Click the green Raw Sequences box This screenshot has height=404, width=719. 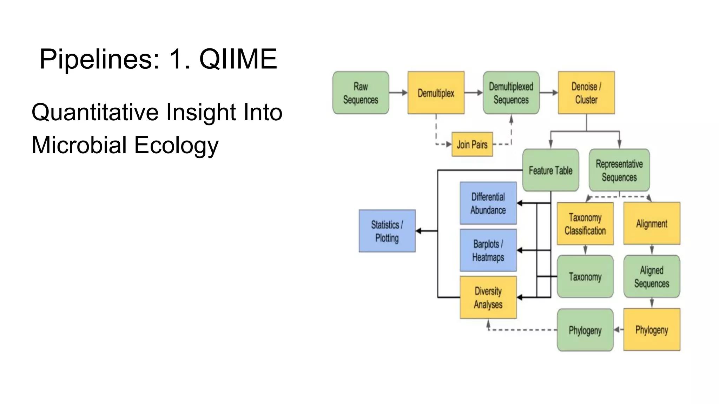tap(361, 93)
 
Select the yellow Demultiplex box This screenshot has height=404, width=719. tap(436, 93)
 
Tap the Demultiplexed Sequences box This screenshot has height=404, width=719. tap(511, 93)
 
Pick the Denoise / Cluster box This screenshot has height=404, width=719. tap(586, 93)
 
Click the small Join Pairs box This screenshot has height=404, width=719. tap(472, 144)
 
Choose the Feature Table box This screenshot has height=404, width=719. tap(550, 170)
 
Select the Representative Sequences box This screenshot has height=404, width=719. tap(619, 170)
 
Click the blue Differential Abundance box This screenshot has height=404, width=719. tap(488, 203)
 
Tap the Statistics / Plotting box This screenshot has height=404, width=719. tap(387, 231)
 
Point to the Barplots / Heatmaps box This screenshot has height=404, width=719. tap(488, 250)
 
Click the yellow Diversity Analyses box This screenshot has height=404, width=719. tap(488, 297)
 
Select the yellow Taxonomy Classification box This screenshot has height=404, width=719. tap(585, 224)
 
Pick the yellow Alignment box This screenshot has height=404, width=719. tap(652, 223)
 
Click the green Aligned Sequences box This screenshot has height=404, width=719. tap(652, 277)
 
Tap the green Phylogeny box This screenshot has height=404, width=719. tap(585, 330)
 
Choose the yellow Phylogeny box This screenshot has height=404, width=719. tap(652, 330)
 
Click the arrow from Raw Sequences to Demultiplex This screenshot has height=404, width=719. tap(398, 93)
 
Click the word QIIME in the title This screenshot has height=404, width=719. tap(238, 59)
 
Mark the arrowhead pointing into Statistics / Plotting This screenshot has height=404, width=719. tap(418, 231)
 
